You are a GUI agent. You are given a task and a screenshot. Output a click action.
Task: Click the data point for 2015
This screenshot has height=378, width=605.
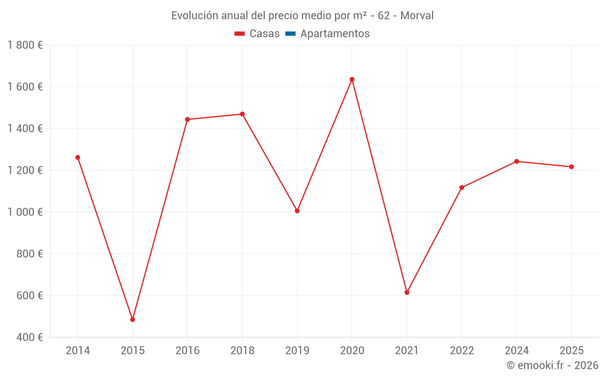point(132,319)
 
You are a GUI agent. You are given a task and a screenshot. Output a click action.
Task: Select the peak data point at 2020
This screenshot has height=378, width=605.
point(352,79)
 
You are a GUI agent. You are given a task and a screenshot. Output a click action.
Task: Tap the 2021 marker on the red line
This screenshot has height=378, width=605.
point(407,292)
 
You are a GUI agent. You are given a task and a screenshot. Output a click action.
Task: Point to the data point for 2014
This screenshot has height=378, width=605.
point(77,157)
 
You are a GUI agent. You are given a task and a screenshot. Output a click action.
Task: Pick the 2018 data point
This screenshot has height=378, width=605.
point(242,114)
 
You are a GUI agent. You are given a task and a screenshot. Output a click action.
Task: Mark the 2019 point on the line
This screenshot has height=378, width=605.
point(297,211)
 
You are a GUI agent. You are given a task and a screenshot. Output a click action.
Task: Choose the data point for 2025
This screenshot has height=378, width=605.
point(571,167)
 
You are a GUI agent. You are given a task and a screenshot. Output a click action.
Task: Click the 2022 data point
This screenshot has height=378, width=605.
point(462,187)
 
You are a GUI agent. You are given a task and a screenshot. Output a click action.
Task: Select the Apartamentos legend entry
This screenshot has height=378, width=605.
point(335,34)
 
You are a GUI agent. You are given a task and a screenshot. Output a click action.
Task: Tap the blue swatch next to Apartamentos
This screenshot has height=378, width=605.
point(290,34)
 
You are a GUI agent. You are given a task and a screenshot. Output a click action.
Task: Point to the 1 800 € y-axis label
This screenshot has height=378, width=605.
point(25,45)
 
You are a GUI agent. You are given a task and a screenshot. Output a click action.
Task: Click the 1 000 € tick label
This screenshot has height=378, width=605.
point(25,212)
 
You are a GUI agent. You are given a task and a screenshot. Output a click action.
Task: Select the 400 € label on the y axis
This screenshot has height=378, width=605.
point(29,337)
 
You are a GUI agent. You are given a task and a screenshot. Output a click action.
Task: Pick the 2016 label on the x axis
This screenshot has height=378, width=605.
point(187,351)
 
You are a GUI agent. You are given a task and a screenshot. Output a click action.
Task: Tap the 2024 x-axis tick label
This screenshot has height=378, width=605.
point(516,351)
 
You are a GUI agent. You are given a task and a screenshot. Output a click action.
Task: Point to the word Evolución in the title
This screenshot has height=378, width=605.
point(193,16)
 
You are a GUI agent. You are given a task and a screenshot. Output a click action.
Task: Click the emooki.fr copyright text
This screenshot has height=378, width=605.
point(552,365)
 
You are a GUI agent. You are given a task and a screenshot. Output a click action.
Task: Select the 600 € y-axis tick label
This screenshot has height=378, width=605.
point(29,296)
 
